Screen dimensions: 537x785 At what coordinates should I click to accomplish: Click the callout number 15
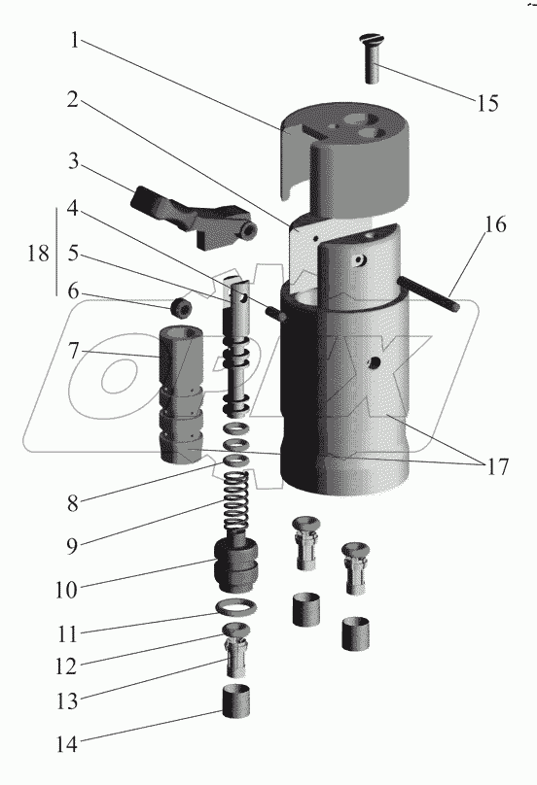tap(487, 104)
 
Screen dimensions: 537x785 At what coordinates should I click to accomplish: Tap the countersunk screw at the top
tap(372, 58)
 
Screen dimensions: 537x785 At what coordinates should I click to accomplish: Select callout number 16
tap(495, 224)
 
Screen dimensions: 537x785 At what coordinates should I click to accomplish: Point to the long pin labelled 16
tap(428, 296)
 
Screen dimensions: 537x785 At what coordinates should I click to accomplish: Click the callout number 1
tap(75, 40)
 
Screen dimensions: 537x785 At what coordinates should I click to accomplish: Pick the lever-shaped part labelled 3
tap(193, 218)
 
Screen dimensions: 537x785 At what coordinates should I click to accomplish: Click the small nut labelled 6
tap(181, 308)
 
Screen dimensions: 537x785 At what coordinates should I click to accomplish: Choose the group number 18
tap(39, 254)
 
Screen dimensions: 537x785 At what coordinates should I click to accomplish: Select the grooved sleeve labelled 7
tap(182, 395)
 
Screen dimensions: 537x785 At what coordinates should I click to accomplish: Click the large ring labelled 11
tap(235, 609)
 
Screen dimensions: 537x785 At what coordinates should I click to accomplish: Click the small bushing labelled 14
tap(235, 700)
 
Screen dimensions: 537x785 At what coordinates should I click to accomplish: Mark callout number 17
tap(497, 466)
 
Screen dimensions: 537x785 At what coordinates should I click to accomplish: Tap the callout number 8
tap(73, 503)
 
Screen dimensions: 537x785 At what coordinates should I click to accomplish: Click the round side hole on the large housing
tap(374, 361)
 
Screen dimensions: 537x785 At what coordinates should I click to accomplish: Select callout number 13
tap(67, 700)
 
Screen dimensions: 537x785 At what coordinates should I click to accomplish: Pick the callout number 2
tap(73, 100)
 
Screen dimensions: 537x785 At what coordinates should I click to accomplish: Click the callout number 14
tap(67, 744)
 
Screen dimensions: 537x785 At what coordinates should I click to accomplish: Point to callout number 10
tap(67, 590)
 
